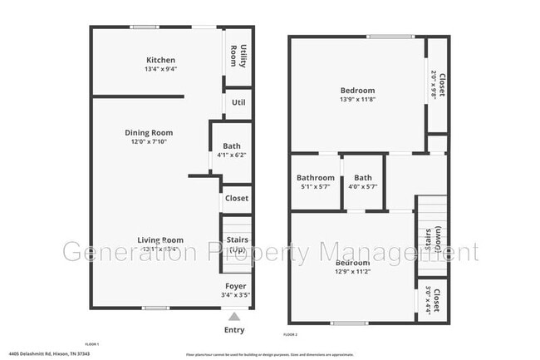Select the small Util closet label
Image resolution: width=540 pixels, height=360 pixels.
238,102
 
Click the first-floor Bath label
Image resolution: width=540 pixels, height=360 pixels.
232,146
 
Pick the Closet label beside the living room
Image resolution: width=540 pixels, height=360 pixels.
237,198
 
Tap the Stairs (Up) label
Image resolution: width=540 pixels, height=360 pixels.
237,244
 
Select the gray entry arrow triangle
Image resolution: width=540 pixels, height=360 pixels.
234,316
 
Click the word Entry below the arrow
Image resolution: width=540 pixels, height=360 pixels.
234,330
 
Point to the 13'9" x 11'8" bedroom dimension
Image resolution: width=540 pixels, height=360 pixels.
357,100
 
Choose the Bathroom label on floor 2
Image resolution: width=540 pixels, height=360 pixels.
316,177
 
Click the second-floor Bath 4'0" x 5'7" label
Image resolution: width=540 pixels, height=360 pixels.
363,182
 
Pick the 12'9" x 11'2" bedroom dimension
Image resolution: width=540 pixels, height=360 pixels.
352,272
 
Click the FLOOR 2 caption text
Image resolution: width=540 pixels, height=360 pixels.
290,334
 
